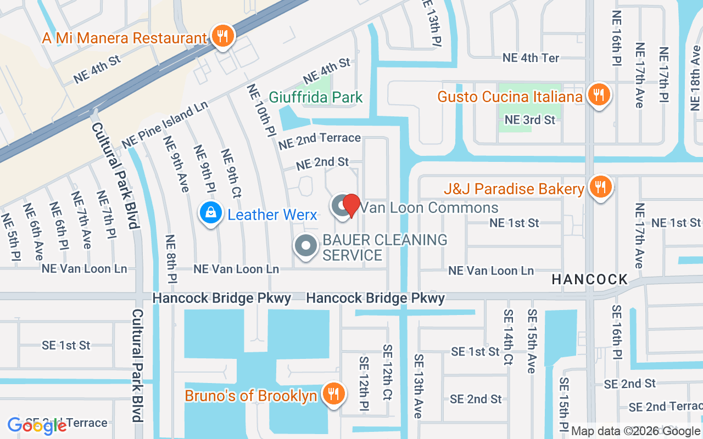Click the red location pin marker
tap(351, 206)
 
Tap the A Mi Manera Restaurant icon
tap(222, 37)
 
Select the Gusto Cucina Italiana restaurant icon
tap(598, 96)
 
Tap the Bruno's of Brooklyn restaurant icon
tap(332, 395)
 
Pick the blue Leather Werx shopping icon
tap(210, 213)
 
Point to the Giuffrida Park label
tap(315, 98)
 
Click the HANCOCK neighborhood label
tap(589, 279)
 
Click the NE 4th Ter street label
tap(531, 58)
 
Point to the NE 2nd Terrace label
tap(319, 141)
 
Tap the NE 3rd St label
tap(529, 120)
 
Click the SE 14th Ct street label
tap(508, 337)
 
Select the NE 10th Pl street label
tap(261, 110)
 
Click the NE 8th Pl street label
tap(171, 258)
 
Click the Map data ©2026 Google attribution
tap(636, 431)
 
